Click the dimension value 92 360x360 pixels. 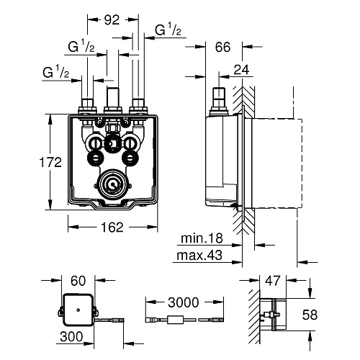tap(112, 20)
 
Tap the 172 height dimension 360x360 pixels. tap(50, 162)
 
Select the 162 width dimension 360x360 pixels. tap(112, 227)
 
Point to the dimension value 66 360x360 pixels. tap(222, 47)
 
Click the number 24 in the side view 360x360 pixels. tap(241, 70)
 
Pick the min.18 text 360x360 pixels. tap(202, 238)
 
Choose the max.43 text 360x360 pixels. tap(199, 256)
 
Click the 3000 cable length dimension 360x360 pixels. tap(184, 302)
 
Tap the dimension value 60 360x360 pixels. tap(78, 281)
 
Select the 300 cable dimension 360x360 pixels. tap(71, 336)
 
